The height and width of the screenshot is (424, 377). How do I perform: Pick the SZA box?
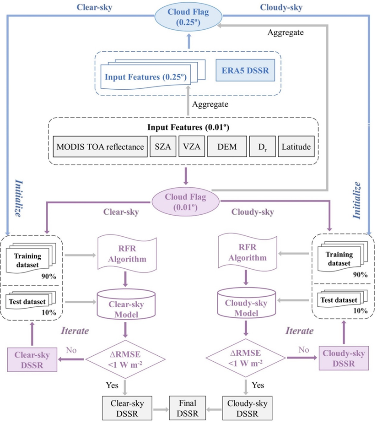click(x=162, y=147)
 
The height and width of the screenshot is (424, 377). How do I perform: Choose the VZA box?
click(x=189, y=147)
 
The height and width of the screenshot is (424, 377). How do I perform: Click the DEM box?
click(x=224, y=147)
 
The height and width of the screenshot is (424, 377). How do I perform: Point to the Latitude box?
click(x=296, y=147)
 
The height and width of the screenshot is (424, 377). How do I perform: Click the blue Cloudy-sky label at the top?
click(x=280, y=7)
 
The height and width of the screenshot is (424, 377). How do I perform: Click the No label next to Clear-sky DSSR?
click(x=71, y=351)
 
